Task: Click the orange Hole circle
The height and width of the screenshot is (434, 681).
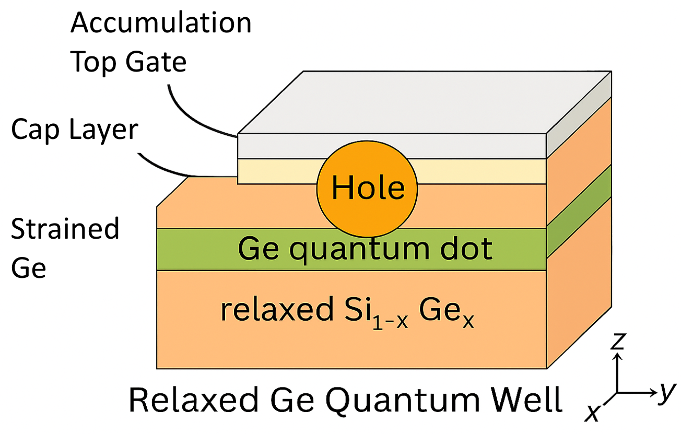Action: pyautogui.click(x=367, y=189)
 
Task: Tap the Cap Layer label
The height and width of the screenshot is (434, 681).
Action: pyautogui.click(x=75, y=131)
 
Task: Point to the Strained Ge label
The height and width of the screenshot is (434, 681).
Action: pyautogui.click(x=65, y=249)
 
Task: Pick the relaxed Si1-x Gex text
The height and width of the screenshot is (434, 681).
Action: pyautogui.click(x=347, y=311)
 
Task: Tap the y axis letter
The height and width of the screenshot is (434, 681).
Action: pyautogui.click(x=664, y=392)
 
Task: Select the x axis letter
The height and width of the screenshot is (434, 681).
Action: pyautogui.click(x=592, y=413)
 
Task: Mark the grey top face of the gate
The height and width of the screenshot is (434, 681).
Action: pyautogui.click(x=423, y=102)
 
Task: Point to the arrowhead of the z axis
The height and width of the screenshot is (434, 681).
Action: pyautogui.click(x=618, y=356)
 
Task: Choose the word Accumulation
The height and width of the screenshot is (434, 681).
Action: pyautogui.click(x=161, y=23)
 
